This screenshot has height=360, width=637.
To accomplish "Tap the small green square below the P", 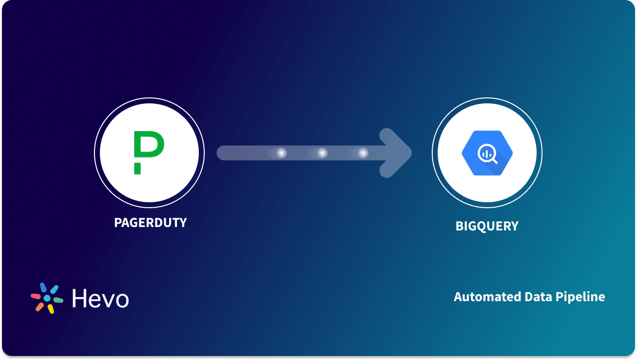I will click(137, 169).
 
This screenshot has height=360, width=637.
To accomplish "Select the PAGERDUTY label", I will click(150, 223).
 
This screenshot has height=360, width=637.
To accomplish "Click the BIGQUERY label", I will click(487, 226).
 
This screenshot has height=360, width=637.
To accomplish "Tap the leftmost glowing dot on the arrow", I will click(281, 153).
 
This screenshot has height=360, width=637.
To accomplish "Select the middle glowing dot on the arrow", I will click(322, 153).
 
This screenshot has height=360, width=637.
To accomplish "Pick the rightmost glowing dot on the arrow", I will click(364, 153).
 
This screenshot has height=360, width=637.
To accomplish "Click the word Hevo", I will click(100, 298).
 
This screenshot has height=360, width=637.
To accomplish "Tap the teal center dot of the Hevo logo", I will click(47, 298).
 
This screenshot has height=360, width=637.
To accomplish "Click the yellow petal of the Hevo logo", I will click(50, 309).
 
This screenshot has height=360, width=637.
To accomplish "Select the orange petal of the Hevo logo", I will click(40, 307).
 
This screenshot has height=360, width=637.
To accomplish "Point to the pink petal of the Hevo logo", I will click(36, 296).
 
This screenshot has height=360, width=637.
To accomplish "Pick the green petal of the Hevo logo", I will click(58, 300).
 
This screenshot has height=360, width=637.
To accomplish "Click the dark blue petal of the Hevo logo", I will click(43, 287).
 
